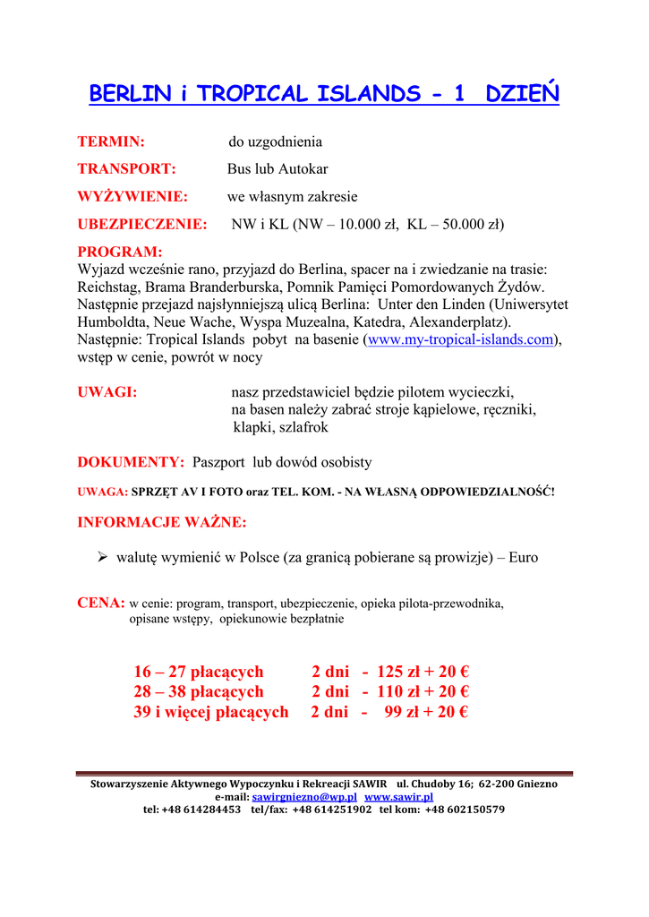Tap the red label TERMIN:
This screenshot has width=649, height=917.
[111, 141]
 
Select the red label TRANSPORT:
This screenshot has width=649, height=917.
[126, 168]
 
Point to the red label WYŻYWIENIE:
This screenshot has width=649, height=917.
[132, 196]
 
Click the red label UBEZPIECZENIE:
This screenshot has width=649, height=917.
[141, 224]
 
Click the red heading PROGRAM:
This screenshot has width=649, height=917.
[120, 252]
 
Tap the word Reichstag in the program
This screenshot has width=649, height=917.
[108, 287]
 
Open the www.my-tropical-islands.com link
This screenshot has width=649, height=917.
[461, 339]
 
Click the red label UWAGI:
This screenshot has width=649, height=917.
[107, 391]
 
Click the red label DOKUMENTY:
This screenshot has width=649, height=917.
[131, 462]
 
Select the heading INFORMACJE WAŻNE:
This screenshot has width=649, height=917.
[162, 522]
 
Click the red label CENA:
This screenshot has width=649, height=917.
[100, 604]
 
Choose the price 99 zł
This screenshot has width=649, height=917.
[403, 712]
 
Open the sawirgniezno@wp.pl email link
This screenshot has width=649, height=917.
[304, 796]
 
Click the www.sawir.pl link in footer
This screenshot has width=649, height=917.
[398, 796]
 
